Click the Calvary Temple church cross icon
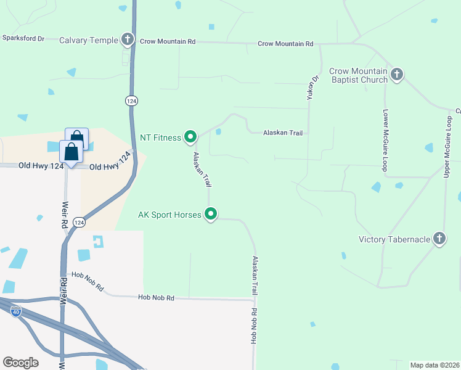click(x=128, y=40)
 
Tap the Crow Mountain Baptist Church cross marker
click(x=397, y=75)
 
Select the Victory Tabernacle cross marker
click(x=439, y=239)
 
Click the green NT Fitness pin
click(x=190, y=137)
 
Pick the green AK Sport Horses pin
click(x=211, y=215)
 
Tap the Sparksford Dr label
click(x=23, y=38)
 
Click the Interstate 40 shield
click(x=16, y=311)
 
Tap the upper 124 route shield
click(x=131, y=101)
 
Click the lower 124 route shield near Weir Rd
click(x=79, y=222)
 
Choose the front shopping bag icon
click(x=71, y=152)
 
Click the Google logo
click(x=20, y=363)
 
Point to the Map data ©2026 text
click(x=434, y=365)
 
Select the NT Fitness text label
click(x=161, y=138)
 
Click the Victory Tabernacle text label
click(x=394, y=239)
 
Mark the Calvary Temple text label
click(x=88, y=41)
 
